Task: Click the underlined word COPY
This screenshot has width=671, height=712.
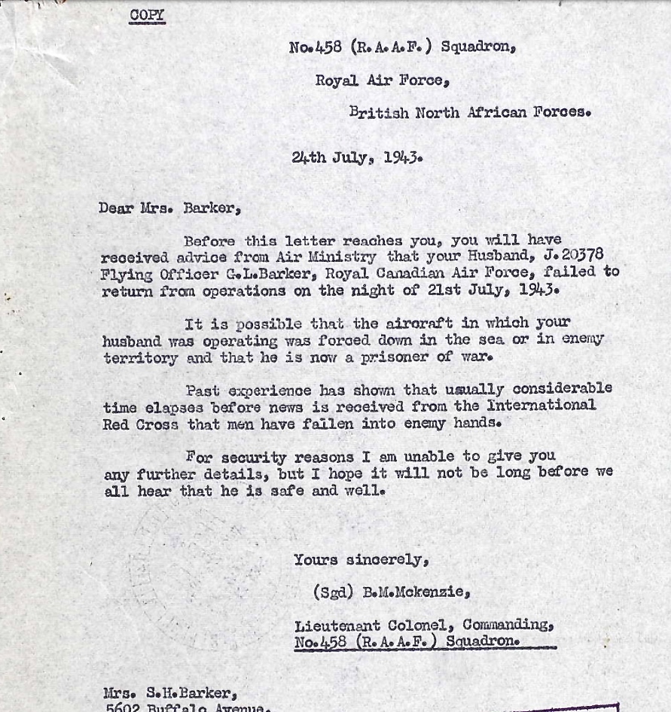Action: pos(147,15)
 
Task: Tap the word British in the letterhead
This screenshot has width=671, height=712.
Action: pos(380,112)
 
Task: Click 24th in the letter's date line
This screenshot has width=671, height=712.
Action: pos(309,158)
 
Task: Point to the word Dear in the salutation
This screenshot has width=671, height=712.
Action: pos(115,208)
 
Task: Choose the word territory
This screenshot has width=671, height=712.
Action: pos(140,358)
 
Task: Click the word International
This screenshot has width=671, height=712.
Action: pos(540,406)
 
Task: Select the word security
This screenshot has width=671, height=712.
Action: pos(254,456)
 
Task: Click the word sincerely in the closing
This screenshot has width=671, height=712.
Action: pos(387,560)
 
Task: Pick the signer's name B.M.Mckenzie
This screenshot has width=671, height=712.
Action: pos(416,592)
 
